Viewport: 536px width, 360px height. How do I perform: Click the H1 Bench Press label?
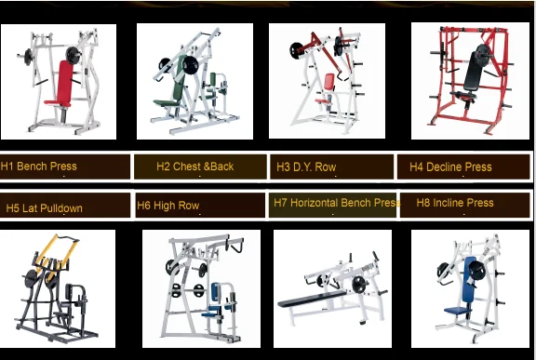pos(39,167)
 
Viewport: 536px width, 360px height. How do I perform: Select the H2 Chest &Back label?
pos(195,167)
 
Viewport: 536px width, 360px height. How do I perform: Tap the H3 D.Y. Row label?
pos(306,167)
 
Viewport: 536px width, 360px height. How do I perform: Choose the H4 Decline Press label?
pos(450,167)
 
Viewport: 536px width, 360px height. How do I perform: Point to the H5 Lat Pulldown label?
pos(45,208)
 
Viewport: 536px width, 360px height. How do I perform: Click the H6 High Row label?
pos(167,206)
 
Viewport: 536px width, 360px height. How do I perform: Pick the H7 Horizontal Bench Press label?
pos(337,203)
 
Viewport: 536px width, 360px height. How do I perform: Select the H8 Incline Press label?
pos(455,203)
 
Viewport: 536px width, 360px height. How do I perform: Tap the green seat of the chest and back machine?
pos(167,102)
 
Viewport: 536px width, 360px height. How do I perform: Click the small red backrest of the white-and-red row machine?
pos(328,82)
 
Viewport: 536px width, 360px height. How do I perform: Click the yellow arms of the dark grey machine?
pos(58,251)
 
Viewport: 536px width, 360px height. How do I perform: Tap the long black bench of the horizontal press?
pos(312,299)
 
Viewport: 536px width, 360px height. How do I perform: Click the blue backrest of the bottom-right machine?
pos(469,279)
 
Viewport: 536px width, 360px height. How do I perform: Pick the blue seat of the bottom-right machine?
pos(457,310)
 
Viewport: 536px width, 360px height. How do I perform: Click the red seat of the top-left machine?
pos(57,102)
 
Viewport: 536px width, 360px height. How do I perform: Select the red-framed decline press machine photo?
pos(470,81)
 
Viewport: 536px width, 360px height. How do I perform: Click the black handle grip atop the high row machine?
pos(237,246)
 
